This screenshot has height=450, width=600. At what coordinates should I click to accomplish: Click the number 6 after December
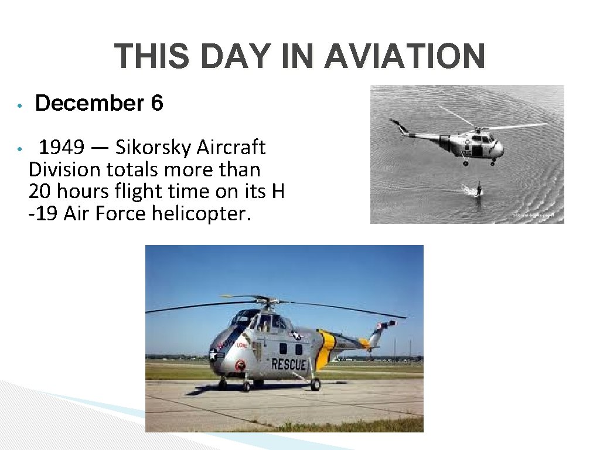point(156,104)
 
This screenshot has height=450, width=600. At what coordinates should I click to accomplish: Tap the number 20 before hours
point(40,192)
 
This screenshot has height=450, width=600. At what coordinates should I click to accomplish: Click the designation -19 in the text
point(43,214)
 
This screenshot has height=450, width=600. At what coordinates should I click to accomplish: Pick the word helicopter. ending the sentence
point(201,214)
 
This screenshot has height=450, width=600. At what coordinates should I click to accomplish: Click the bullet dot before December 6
point(19,106)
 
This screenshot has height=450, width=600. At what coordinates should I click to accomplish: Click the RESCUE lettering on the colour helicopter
point(288,364)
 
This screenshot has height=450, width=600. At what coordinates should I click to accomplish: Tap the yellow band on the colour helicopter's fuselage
point(326,349)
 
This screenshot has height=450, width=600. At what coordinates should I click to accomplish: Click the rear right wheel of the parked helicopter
point(315,384)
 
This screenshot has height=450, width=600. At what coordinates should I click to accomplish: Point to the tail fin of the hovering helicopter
point(399,125)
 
